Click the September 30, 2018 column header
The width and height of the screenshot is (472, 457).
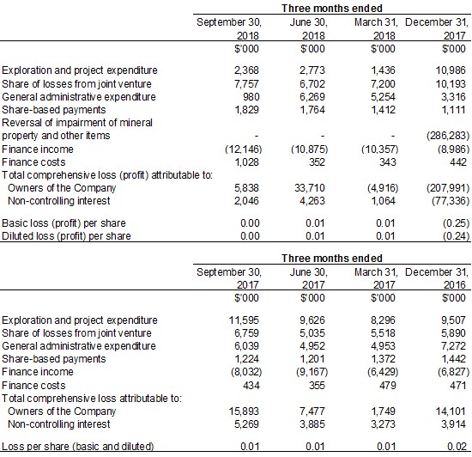[x=229, y=28]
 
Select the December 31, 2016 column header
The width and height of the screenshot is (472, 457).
[x=437, y=278]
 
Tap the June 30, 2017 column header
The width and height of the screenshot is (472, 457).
[x=309, y=278]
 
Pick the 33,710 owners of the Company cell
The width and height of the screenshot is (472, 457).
[x=310, y=188]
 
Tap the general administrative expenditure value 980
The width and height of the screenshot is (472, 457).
[x=251, y=97]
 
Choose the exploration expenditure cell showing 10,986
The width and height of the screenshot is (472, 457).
[x=451, y=70]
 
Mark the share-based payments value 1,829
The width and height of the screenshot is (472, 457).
[x=246, y=110]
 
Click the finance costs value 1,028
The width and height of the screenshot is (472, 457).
[x=246, y=162]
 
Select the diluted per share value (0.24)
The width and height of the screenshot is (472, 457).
[x=456, y=236]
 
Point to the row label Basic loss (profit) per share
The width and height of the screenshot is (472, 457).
[x=64, y=223]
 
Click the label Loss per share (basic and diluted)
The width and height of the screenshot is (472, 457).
[x=77, y=446]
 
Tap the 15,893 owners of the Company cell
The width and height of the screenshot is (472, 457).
[x=244, y=411]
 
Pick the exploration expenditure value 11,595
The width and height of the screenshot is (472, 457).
[x=244, y=320]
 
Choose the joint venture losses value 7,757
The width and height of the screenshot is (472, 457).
[x=246, y=83]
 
